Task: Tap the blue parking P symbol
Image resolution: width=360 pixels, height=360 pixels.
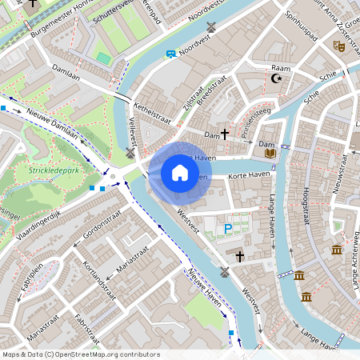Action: [x=228, y=229]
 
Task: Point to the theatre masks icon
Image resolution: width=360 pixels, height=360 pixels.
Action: [x=339, y=47]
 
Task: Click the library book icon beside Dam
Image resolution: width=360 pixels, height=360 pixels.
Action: [x=270, y=152]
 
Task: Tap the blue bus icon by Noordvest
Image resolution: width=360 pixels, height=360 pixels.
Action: [x=170, y=54]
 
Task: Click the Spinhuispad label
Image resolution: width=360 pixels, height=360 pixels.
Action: [x=306, y=36]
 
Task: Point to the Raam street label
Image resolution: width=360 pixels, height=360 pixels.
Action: [x=281, y=68]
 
